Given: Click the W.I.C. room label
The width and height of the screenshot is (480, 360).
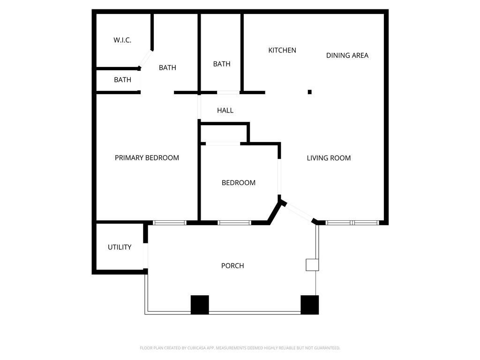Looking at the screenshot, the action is pos(122,40).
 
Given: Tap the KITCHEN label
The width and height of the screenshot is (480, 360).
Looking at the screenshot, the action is pos(282,50).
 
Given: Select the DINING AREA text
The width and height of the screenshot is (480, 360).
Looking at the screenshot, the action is pos(347,55).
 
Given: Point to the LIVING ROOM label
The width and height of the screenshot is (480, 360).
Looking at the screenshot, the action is pos(329,158).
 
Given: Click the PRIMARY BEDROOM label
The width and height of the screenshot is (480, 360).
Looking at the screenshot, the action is pos(147,157).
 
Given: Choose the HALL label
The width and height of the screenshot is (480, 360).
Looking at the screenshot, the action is pos(225,111).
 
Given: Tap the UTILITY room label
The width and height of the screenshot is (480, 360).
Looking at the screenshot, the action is pos(120,247).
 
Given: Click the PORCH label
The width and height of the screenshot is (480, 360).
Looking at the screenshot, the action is pos(232,266).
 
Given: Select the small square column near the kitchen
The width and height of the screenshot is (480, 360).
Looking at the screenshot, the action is pos(310,92).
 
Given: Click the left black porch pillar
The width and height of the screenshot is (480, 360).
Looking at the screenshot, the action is pos(200,305).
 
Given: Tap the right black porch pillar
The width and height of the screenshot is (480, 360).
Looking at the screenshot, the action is pos(310,305).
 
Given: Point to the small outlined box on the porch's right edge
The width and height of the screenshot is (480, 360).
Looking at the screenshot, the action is pos(312,265).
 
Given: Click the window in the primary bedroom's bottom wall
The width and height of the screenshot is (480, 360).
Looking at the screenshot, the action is pos(170,223).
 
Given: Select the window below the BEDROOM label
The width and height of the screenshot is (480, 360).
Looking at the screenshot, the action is pos(234,223).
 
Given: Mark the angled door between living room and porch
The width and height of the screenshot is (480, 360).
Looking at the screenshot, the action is pos(299,212).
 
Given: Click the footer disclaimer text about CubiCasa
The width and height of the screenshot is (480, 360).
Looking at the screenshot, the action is pos(240,348).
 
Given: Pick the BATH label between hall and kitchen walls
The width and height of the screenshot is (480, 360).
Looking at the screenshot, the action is pos(222,64).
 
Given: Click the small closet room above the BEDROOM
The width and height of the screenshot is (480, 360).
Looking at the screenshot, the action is pos(224,134).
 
